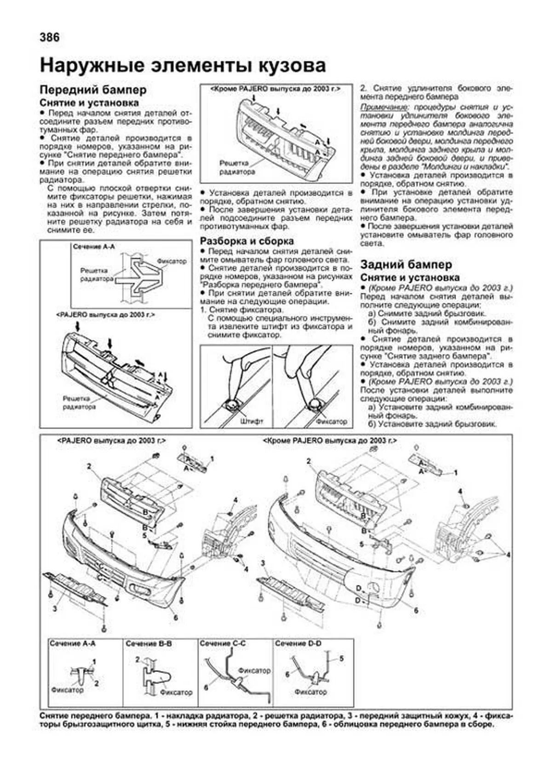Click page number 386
50,37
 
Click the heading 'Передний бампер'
93,89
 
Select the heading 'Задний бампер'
406,265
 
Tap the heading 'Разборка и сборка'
247,241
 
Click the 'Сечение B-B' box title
149,643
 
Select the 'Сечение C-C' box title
223,643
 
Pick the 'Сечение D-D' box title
298,643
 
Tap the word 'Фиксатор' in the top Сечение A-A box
172,261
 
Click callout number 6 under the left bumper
176,618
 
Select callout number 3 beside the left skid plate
54,609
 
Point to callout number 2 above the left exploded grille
89,466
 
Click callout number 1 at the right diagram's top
455,473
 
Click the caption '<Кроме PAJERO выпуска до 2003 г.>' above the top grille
275,88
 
